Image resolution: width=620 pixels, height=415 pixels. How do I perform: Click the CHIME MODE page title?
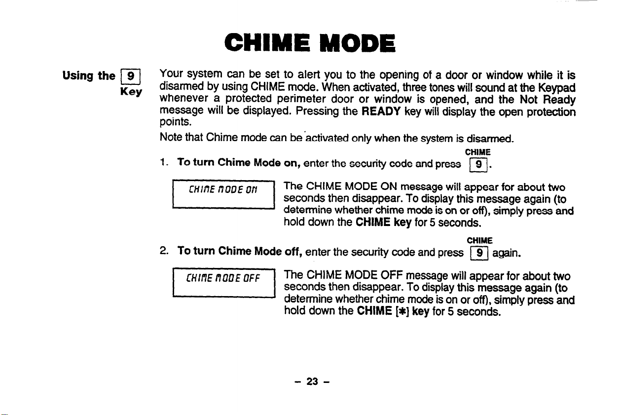click(310, 43)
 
